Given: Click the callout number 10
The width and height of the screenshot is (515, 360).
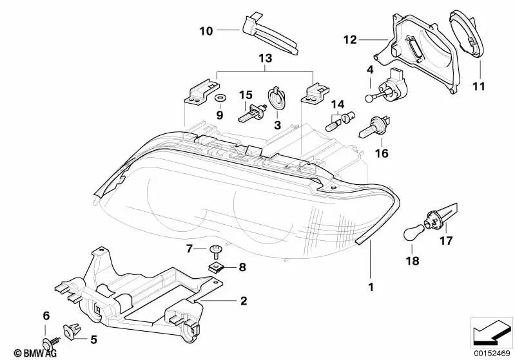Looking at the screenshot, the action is [206, 31].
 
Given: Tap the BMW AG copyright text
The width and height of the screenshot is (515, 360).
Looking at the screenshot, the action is [35, 353].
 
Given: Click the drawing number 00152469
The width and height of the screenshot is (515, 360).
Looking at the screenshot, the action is [492, 354].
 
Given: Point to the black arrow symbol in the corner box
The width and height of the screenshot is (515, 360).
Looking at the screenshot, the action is [491, 334].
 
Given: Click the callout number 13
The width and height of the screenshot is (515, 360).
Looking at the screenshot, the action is [266, 59].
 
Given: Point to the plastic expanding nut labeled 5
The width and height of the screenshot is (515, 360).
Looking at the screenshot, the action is [72, 330].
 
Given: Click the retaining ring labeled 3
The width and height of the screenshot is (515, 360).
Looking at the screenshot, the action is [277, 99].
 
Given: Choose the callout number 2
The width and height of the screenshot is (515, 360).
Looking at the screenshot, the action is [244, 301].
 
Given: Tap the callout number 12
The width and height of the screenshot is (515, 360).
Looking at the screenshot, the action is [350, 40].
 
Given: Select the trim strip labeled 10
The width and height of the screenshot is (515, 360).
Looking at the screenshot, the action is [269, 33].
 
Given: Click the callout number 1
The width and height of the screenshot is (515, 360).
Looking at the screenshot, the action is [371, 287].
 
